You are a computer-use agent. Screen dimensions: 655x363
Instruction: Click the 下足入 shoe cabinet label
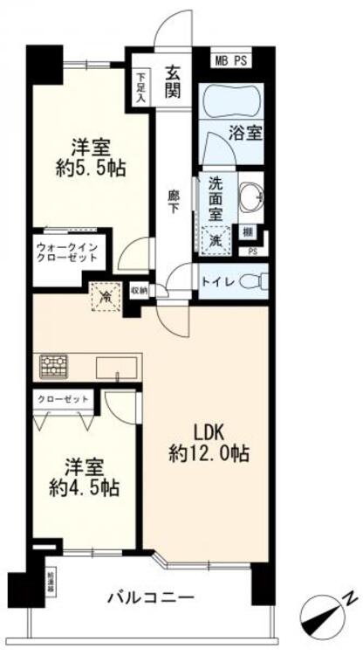[x=141, y=86]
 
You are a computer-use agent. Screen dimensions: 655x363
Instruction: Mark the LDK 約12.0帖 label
[x=210, y=443]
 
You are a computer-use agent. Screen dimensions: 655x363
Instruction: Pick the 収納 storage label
[x=139, y=289]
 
